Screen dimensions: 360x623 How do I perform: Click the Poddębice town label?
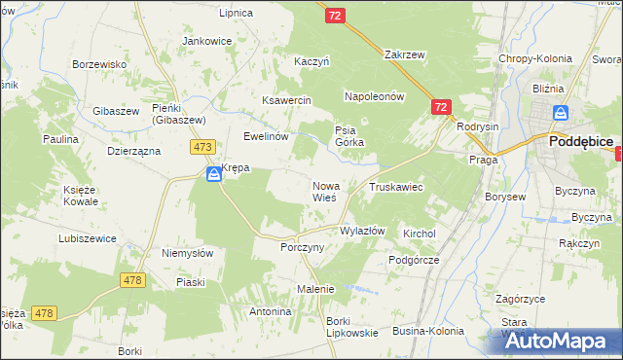point(580,141)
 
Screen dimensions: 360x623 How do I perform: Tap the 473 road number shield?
point(202,147)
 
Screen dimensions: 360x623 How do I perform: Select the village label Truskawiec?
point(394,186)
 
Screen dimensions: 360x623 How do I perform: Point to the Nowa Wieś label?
point(324,191)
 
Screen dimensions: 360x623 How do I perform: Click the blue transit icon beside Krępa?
point(213,174)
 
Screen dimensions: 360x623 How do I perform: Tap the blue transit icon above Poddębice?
point(558,115)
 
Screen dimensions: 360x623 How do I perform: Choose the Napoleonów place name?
point(374,97)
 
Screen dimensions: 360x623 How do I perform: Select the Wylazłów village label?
point(362,232)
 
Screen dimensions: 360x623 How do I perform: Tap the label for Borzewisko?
point(101,64)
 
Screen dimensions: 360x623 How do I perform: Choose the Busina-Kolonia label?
point(428,332)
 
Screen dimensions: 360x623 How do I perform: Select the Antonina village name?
point(271,312)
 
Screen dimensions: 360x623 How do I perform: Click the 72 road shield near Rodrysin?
point(441,107)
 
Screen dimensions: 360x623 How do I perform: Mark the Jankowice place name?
point(207,42)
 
